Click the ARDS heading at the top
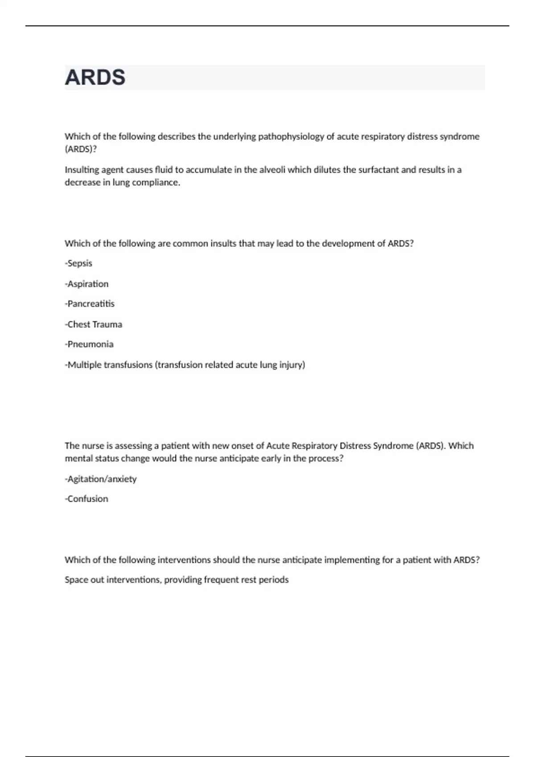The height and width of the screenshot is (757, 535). pyautogui.click(x=95, y=77)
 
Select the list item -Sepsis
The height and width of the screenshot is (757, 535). pyautogui.click(x=78, y=263)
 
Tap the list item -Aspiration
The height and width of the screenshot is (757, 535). pyautogui.click(x=86, y=284)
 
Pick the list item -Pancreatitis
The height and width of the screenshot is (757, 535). pyautogui.click(x=90, y=304)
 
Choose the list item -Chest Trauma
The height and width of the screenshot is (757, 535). pyautogui.click(x=93, y=324)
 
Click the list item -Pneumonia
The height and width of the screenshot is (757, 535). pyautogui.click(x=89, y=344)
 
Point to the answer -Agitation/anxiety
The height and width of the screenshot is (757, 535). pyautogui.click(x=101, y=479)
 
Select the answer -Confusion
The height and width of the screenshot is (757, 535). pyautogui.click(x=86, y=499)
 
